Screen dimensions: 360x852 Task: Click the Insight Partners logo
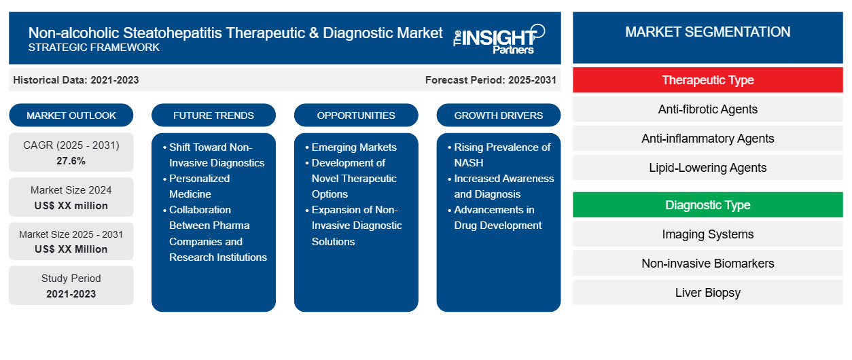tap(499, 38)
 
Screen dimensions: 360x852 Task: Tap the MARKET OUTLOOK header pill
tap(71, 115)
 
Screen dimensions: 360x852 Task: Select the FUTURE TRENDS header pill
tap(213, 115)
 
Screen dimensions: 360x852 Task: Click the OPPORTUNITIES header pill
tap(356, 115)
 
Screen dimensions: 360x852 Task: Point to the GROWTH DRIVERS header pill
tap(499, 115)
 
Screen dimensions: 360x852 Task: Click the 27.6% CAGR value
tap(71, 161)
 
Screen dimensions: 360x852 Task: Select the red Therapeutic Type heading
tap(708, 80)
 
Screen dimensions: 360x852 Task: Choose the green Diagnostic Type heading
tap(708, 205)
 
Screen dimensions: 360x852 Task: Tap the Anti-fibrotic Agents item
tap(708, 109)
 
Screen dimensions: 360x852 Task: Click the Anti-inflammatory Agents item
tap(708, 139)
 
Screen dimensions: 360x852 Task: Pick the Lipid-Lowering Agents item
tap(708, 168)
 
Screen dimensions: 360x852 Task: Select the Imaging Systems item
tap(708, 234)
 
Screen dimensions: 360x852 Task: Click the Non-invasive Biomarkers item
tap(708, 264)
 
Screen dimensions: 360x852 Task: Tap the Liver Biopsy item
tap(708, 293)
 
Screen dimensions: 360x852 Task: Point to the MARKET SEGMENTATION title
tap(708, 32)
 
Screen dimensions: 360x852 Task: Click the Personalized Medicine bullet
tap(200, 186)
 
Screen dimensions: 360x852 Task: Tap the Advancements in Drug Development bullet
tap(498, 217)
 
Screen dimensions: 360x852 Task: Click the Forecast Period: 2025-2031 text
tap(491, 80)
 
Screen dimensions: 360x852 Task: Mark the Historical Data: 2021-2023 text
tap(76, 80)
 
